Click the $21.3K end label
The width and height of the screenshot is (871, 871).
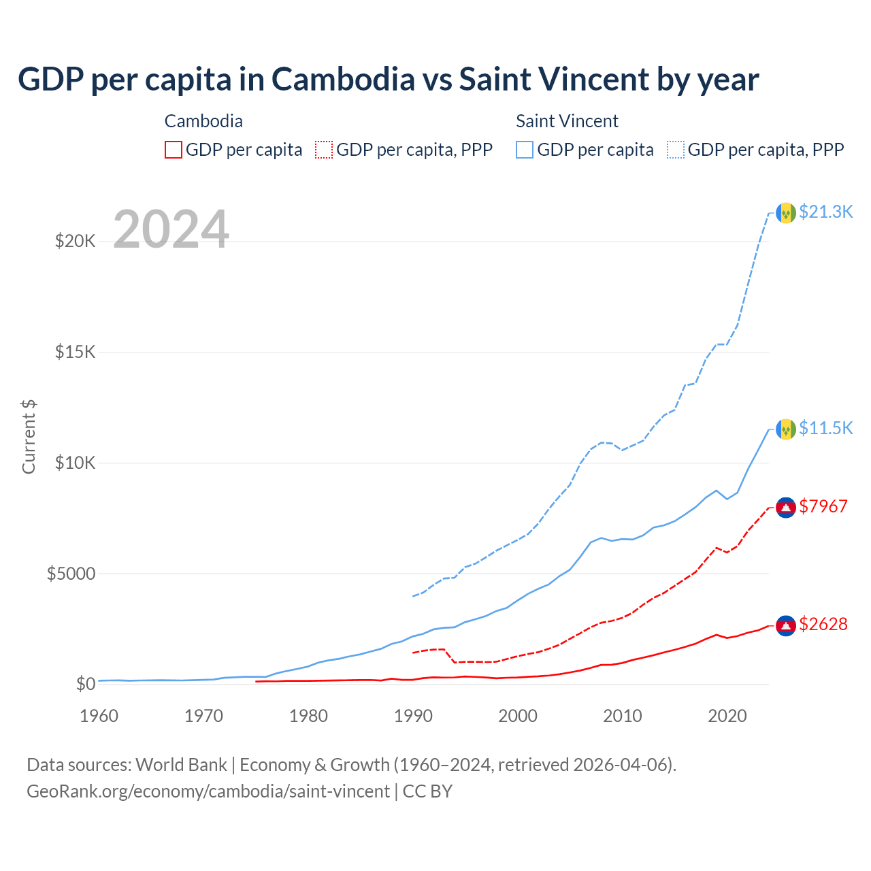click(x=825, y=212)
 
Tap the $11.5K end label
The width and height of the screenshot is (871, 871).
click(x=825, y=428)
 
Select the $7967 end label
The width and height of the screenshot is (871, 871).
click(x=823, y=506)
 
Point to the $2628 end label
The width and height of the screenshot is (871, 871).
click(x=823, y=624)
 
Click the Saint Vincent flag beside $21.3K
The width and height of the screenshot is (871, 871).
click(x=786, y=213)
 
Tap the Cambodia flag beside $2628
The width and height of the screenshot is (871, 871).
click(x=786, y=625)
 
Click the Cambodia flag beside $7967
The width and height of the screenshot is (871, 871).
click(x=786, y=508)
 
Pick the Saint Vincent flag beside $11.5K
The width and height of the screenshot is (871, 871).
click(x=786, y=429)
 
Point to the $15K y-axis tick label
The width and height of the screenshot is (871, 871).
click(x=76, y=352)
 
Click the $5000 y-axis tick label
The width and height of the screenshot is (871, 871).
click(x=71, y=574)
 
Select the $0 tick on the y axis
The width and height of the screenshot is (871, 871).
click(x=85, y=685)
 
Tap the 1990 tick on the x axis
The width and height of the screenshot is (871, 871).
click(x=414, y=716)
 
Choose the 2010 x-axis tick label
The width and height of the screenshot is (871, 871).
click(x=623, y=716)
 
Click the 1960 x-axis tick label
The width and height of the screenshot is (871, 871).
click(x=99, y=716)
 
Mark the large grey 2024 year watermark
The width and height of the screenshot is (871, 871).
click(x=171, y=230)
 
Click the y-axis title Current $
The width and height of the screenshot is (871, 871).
click(x=29, y=436)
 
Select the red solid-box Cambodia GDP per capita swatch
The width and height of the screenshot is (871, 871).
click(x=174, y=150)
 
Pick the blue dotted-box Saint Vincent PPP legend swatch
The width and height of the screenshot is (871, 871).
click(x=676, y=150)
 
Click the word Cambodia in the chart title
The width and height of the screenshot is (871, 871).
click(x=343, y=80)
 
